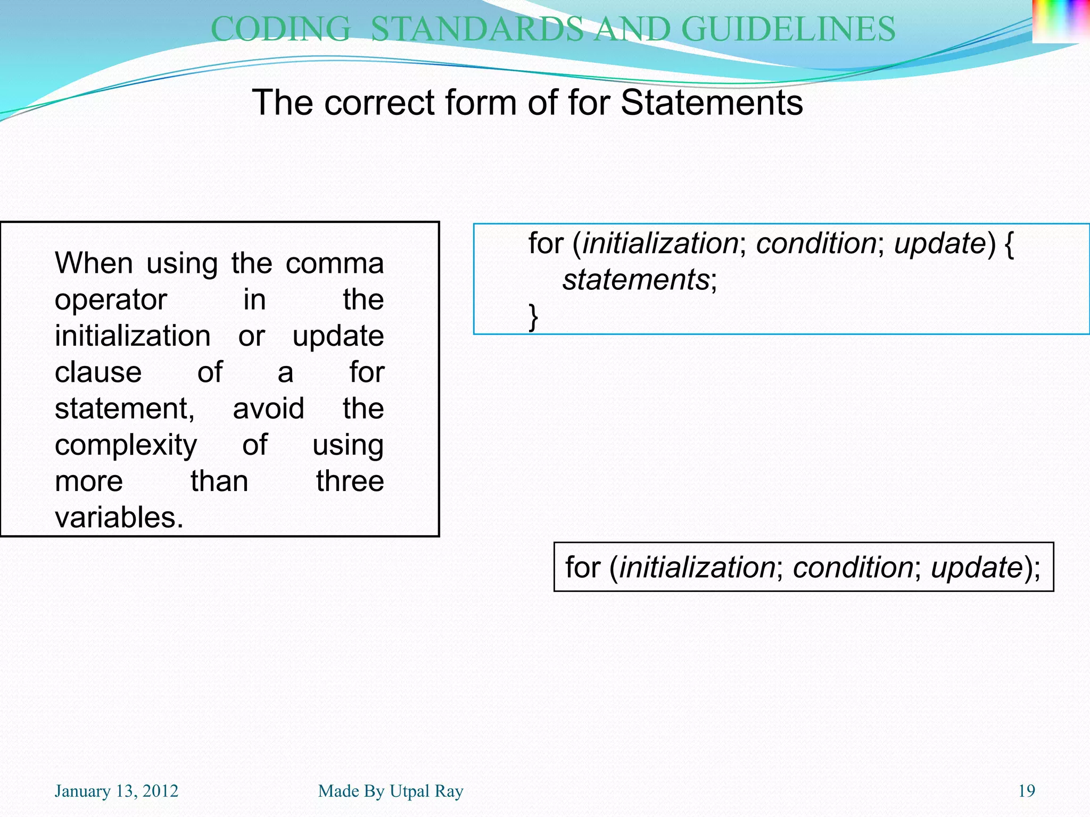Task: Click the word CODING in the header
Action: [280, 29]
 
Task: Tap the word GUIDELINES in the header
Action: [788, 29]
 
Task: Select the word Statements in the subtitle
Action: [712, 102]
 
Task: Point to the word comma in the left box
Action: [334, 263]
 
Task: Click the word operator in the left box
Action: [111, 300]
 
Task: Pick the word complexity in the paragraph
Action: [126, 445]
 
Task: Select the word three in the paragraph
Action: [350, 481]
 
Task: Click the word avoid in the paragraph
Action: [268, 409]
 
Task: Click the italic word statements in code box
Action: [636, 280]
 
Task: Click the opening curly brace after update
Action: [1009, 244]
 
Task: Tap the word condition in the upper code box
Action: [816, 244]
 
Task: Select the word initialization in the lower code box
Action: [697, 567]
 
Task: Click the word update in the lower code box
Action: [976, 567]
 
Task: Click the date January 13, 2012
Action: [116, 791]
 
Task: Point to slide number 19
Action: [1027, 791]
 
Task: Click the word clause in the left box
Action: [98, 372]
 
